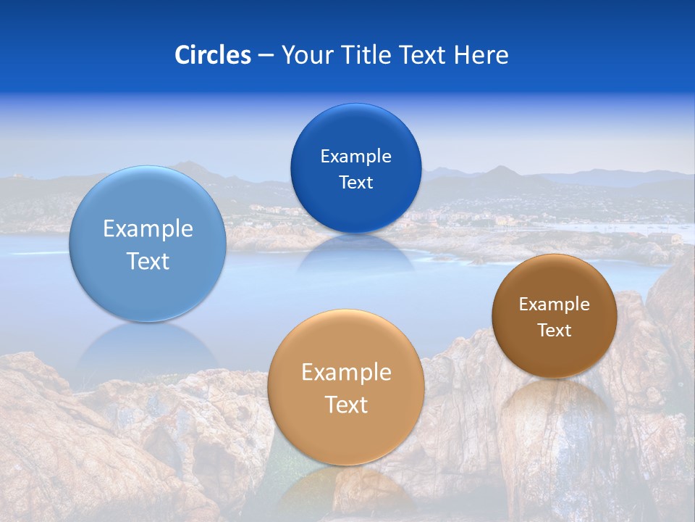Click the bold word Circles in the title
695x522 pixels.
212,55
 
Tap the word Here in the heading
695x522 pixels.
481,55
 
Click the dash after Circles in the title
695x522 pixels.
266,56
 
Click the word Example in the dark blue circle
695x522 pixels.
355,157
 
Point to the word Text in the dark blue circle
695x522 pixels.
355,183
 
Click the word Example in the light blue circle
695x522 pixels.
148,229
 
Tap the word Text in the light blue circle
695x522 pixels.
148,261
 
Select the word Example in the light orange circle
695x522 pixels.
346,373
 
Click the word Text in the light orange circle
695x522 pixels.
346,405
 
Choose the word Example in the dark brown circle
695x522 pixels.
555,304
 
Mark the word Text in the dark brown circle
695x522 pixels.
555,331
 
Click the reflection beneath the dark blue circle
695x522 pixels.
355,254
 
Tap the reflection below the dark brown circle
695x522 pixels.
555,406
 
